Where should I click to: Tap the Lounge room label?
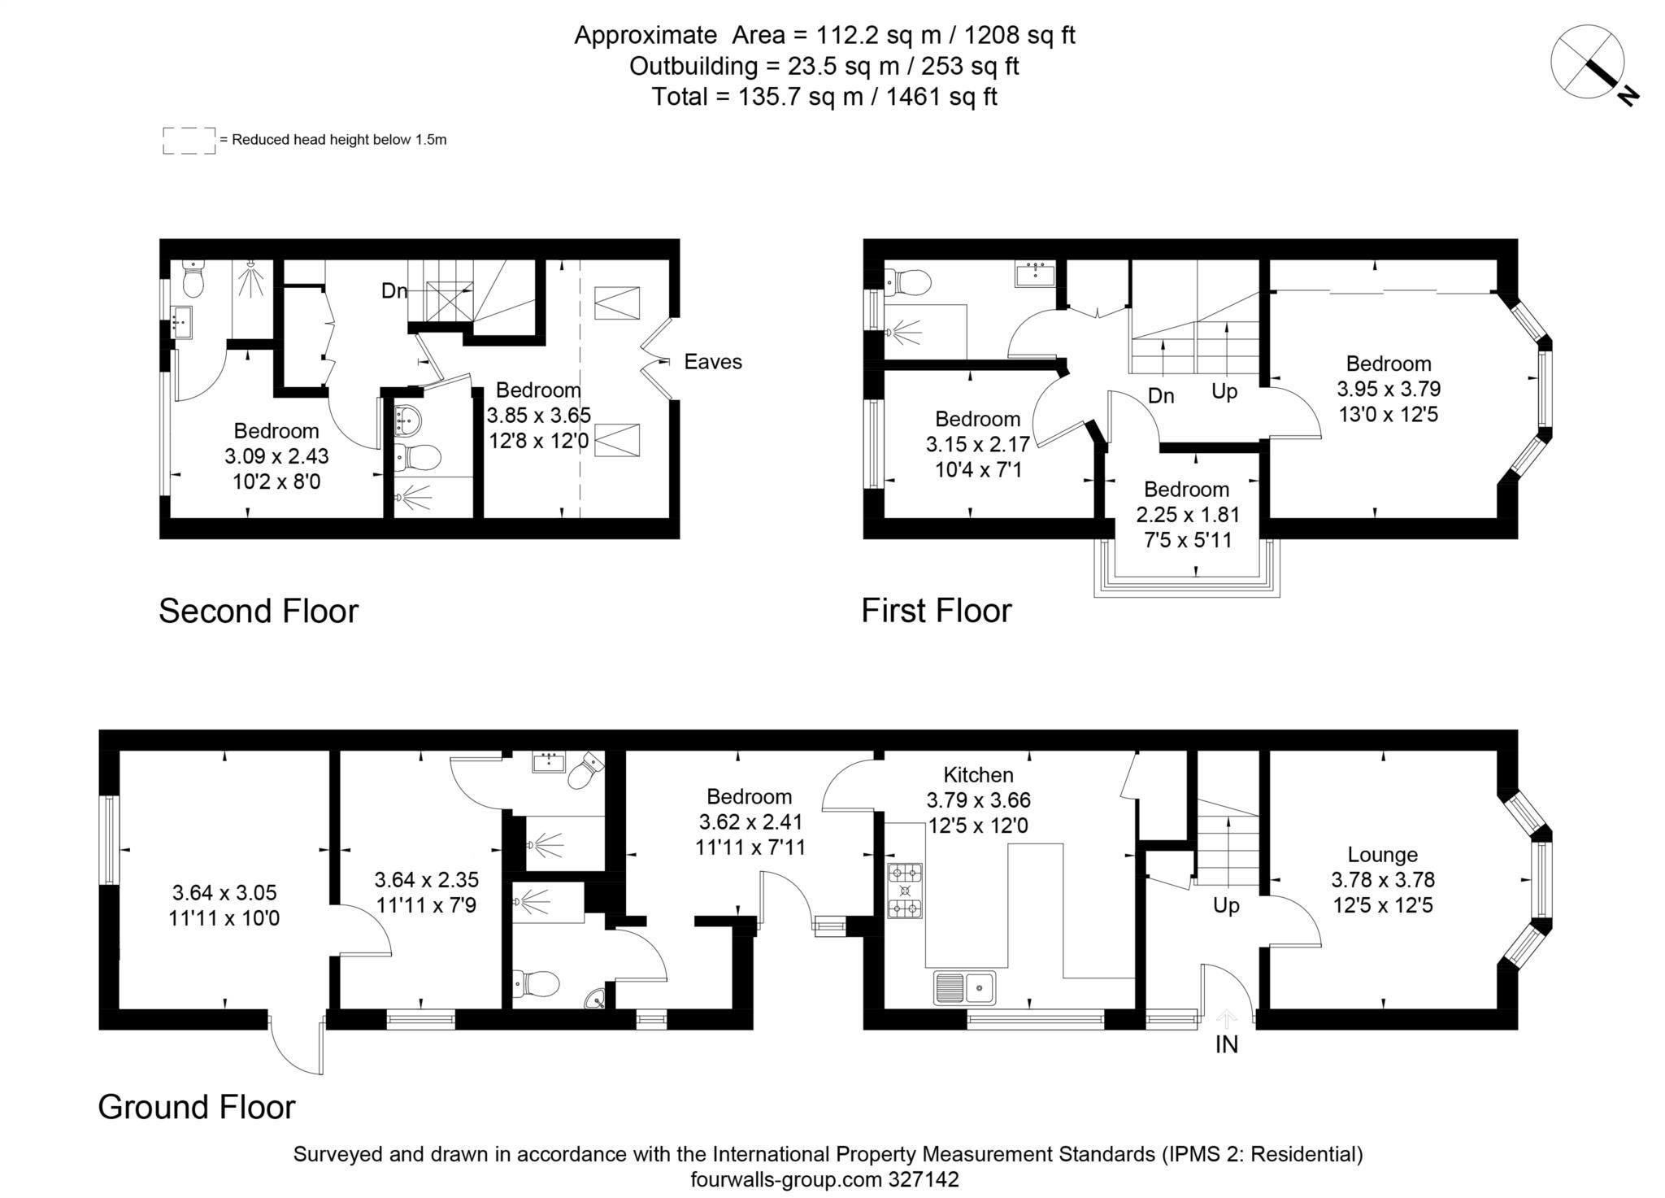1382,854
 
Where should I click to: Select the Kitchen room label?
978,774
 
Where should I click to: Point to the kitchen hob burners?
905,891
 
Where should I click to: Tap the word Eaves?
713,362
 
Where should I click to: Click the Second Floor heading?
259,611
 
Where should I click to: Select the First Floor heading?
937,611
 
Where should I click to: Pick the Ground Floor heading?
197,1107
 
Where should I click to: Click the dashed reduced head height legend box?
189,140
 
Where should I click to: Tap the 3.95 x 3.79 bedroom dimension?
1389,389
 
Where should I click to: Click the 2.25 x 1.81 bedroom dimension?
1188,515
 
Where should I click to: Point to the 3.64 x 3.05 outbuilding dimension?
224,892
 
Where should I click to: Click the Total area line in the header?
824,97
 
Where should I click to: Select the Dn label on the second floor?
394,290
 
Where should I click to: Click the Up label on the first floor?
1224,391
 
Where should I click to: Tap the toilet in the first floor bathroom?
909,283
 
